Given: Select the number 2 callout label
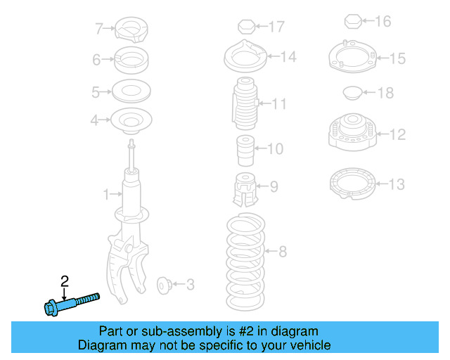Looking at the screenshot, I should click(x=65, y=281).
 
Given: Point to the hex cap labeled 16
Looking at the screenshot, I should click(x=354, y=22).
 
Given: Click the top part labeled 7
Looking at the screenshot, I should click(x=131, y=29).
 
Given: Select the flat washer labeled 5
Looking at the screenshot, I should click(x=131, y=91).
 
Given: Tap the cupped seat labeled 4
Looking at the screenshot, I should click(x=131, y=121).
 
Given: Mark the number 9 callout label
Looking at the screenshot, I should click(x=274, y=187).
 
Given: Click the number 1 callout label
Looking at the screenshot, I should click(x=107, y=193).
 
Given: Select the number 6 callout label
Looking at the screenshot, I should click(x=96, y=60).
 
